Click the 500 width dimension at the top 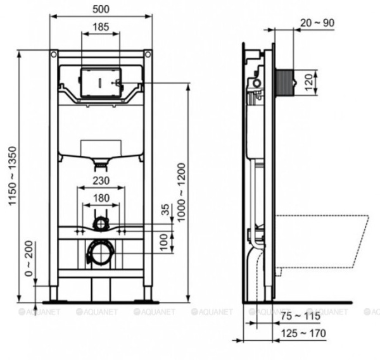[x=101, y=11]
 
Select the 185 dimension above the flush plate [x=101, y=27]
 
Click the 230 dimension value [x=101, y=181]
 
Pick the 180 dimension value [x=101, y=198]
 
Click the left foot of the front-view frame [x=54, y=295]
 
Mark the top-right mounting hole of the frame [x=147, y=54]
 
